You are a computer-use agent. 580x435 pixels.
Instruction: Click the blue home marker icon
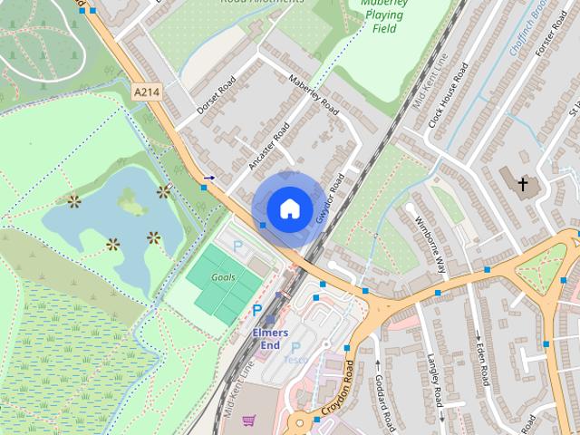tap(288, 208)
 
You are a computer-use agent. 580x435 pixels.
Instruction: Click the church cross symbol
tap(522, 185)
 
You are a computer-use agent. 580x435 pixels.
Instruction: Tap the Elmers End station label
tap(270, 338)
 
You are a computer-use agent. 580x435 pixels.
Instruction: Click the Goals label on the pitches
tap(223, 276)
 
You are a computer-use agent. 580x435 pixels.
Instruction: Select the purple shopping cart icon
tap(248, 420)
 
